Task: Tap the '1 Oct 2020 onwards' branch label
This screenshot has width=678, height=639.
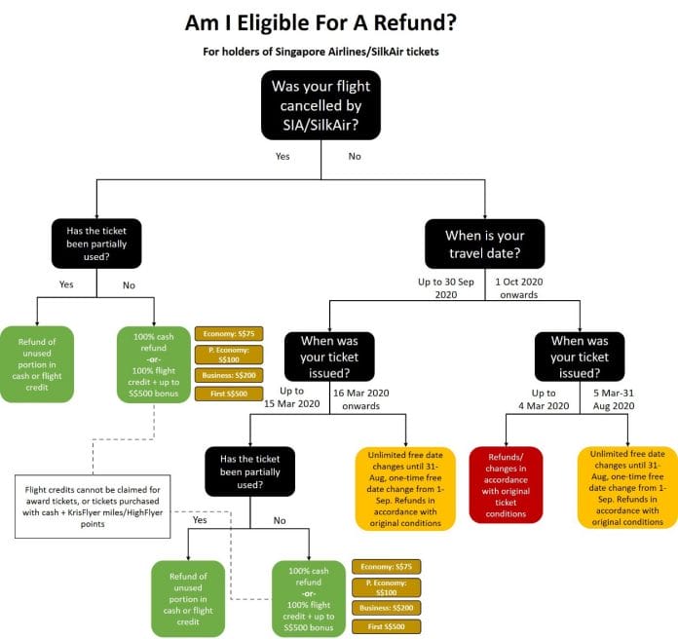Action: point(518,287)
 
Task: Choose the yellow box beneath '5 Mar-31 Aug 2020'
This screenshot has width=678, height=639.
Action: point(628,487)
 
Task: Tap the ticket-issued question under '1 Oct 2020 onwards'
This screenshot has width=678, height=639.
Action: point(580,357)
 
